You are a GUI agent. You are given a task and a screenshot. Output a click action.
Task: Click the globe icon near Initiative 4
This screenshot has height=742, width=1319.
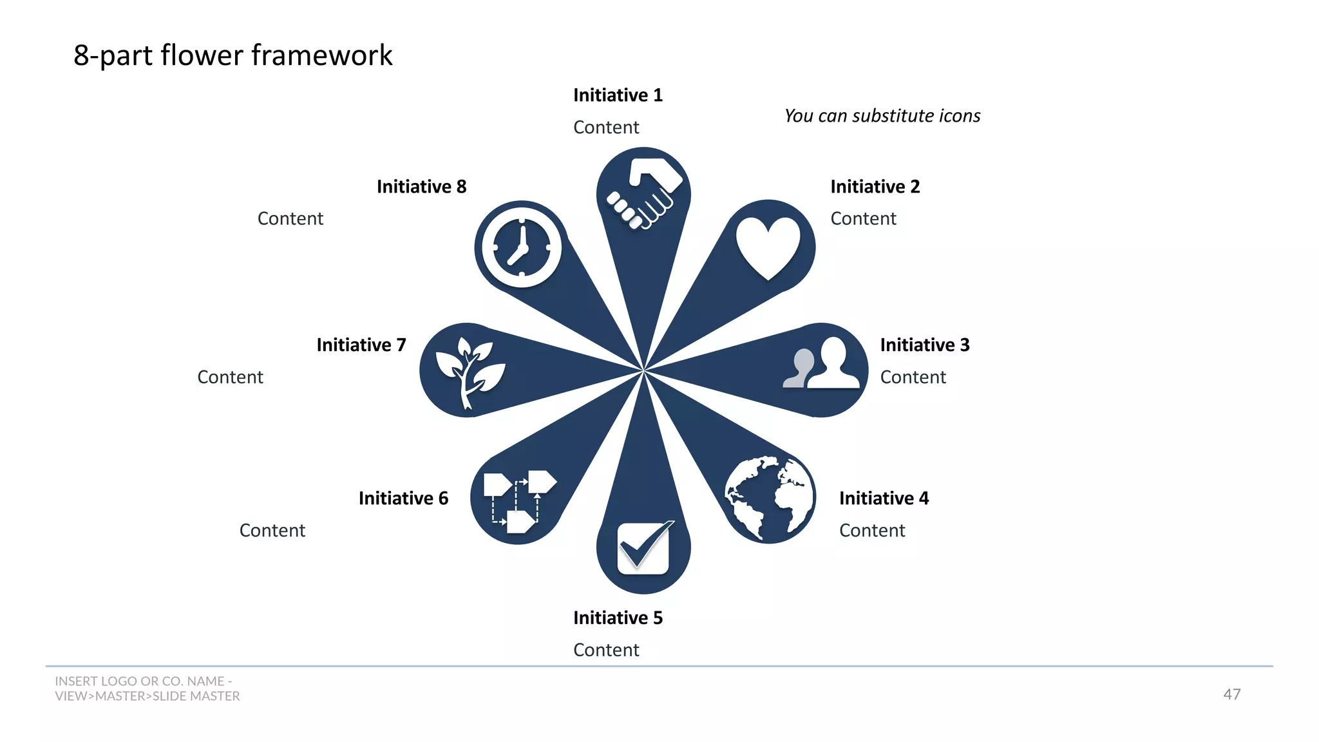pyautogui.click(x=768, y=499)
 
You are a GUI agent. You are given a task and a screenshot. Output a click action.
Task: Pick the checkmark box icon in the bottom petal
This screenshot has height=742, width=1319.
pyautogui.click(x=643, y=548)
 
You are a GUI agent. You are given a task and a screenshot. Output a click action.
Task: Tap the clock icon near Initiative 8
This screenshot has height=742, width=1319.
pyautogui.click(x=521, y=247)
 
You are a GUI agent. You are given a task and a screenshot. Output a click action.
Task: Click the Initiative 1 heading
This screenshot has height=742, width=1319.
pyautogui.click(x=618, y=95)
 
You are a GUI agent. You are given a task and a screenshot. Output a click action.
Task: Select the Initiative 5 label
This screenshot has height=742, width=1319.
pyautogui.click(x=618, y=618)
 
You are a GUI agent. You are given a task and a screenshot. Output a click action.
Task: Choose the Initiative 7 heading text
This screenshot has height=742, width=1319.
pyautogui.click(x=361, y=345)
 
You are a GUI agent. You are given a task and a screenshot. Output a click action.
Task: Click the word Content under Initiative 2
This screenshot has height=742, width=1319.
pyautogui.click(x=863, y=219)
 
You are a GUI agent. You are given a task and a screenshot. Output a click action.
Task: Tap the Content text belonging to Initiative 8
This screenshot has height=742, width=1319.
pyautogui.click(x=290, y=219)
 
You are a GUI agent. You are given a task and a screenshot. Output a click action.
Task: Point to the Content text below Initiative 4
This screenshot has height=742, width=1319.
pyautogui.click(x=872, y=531)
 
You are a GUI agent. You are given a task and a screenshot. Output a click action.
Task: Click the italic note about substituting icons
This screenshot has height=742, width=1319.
pyautogui.click(x=882, y=116)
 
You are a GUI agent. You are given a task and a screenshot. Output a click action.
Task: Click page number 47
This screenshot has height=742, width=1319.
pyautogui.click(x=1231, y=694)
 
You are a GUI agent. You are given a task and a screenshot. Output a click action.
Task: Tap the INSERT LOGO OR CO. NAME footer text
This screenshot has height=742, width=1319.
pyautogui.click(x=144, y=681)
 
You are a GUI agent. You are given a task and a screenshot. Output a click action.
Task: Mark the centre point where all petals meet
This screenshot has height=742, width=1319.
pyautogui.click(x=643, y=371)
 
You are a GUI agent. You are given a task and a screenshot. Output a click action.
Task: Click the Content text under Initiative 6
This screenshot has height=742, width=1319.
pyautogui.click(x=272, y=531)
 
